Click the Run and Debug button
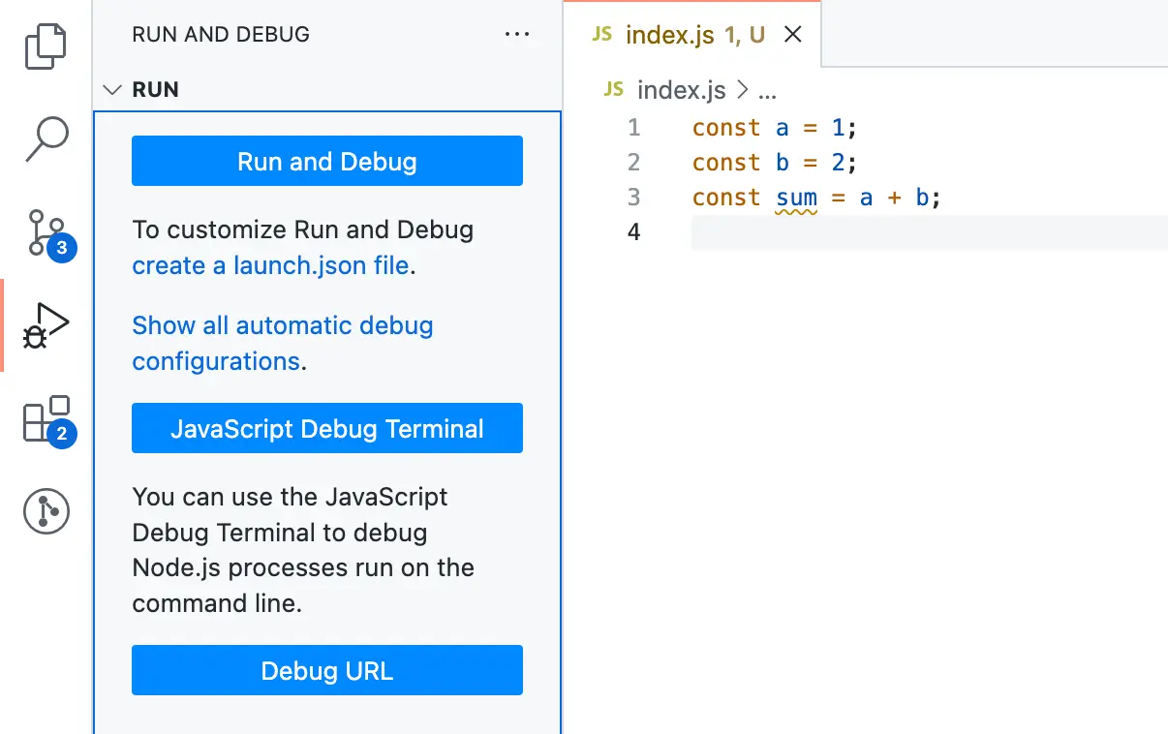coord(326,161)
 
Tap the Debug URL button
coord(326,670)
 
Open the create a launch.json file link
coord(271,265)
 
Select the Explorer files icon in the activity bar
coord(46,46)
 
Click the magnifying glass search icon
coord(46,138)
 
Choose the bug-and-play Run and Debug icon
coord(46,326)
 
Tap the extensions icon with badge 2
coord(46,419)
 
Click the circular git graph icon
coord(46,511)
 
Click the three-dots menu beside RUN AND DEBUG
coord(517,35)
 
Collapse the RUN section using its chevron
coord(113,90)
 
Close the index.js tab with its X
coord(792,35)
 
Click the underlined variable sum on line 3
coord(796,198)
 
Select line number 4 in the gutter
coord(633,232)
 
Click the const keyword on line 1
coord(725,128)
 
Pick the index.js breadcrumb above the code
coord(681,91)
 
